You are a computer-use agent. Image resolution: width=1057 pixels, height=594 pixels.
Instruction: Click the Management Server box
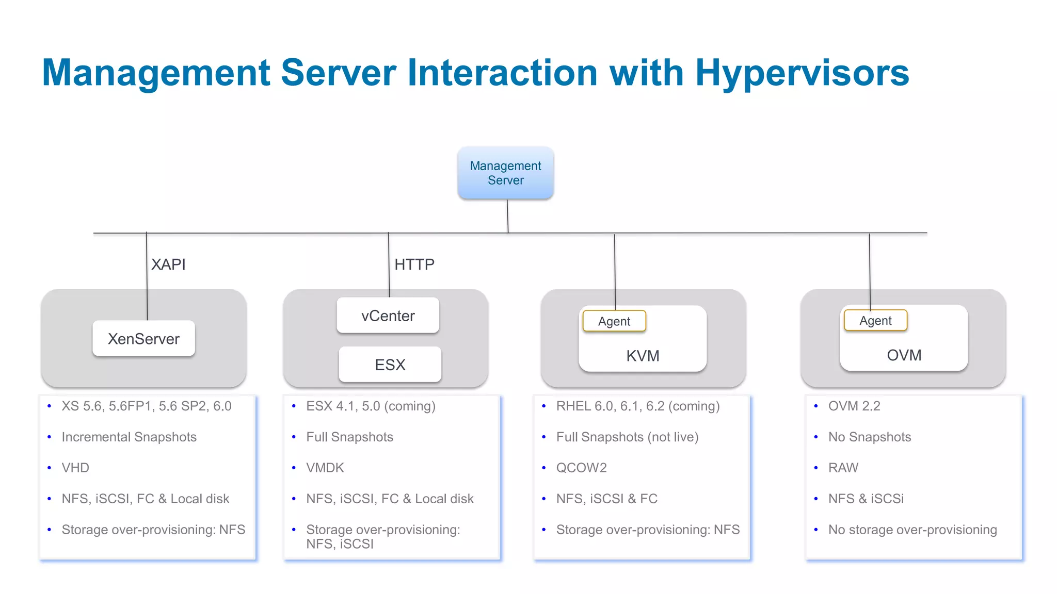tap(505, 173)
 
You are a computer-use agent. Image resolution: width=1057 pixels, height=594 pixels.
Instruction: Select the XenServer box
tap(143, 339)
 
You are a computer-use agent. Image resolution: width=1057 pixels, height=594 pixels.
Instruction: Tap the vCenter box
tap(388, 316)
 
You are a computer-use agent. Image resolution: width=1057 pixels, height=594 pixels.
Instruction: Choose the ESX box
tap(390, 365)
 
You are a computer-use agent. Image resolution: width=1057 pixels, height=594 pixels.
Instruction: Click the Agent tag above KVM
tap(614, 321)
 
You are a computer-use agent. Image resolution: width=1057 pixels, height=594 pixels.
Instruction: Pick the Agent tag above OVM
tap(875, 321)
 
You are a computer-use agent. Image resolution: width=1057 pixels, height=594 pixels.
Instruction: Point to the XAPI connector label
tap(168, 265)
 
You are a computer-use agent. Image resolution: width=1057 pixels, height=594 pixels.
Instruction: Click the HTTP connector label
tap(414, 265)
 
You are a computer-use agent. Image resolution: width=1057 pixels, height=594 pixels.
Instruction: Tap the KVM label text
tap(643, 356)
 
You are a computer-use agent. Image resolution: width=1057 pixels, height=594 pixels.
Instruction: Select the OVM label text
tap(904, 355)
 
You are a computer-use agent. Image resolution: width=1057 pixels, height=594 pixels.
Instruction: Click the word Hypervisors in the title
tap(802, 73)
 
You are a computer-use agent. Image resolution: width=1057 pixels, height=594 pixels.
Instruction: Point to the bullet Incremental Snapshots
tap(129, 437)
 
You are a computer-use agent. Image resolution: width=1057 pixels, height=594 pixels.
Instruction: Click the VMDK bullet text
tap(325, 468)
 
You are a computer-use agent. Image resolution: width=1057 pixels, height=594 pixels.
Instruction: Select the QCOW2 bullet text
tap(581, 468)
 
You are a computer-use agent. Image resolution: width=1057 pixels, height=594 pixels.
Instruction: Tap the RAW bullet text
tap(843, 468)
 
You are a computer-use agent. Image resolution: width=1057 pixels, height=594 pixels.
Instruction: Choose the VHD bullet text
tap(75, 468)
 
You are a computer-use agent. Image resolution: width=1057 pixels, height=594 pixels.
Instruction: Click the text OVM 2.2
tap(854, 406)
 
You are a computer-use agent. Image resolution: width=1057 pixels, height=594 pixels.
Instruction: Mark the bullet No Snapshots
tap(869, 437)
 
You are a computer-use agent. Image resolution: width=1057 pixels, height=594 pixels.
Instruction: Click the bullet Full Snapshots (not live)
tap(627, 437)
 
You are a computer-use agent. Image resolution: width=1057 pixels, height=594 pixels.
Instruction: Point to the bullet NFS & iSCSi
tap(866, 499)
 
